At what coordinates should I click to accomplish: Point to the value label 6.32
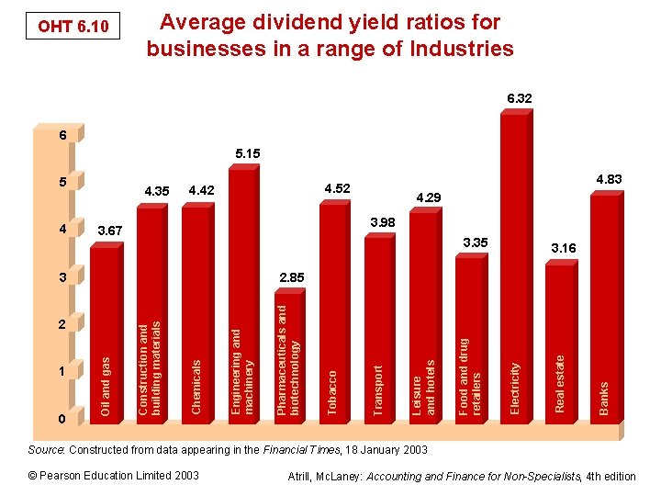click(x=520, y=97)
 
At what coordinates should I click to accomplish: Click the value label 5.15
click(x=247, y=153)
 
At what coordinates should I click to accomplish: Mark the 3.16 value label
click(x=563, y=248)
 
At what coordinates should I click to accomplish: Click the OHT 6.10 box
click(x=73, y=28)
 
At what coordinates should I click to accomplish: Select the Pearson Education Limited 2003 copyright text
click(x=114, y=476)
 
